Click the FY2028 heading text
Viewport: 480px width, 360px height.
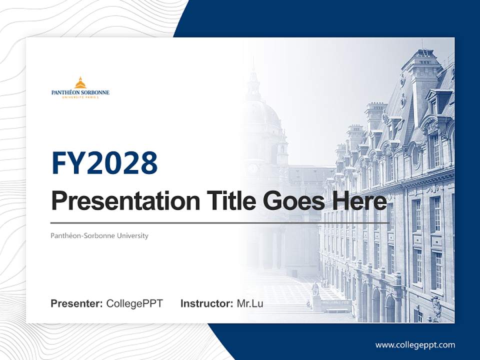[104, 163]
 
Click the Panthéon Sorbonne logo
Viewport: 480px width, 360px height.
[80, 88]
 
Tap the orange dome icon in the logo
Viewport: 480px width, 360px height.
[80, 82]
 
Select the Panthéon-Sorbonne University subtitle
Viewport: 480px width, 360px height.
[99, 235]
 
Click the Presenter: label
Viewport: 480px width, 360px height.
[77, 303]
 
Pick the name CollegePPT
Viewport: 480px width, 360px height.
[134, 303]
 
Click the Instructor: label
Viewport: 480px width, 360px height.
[206, 303]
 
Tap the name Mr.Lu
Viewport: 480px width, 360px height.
[250, 303]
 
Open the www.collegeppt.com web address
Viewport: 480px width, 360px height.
[415, 344]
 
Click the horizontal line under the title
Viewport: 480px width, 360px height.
[220, 222]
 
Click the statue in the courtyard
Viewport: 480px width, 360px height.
[315, 290]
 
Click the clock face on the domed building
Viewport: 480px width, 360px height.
[252, 168]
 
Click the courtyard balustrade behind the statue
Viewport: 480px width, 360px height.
[335, 302]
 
